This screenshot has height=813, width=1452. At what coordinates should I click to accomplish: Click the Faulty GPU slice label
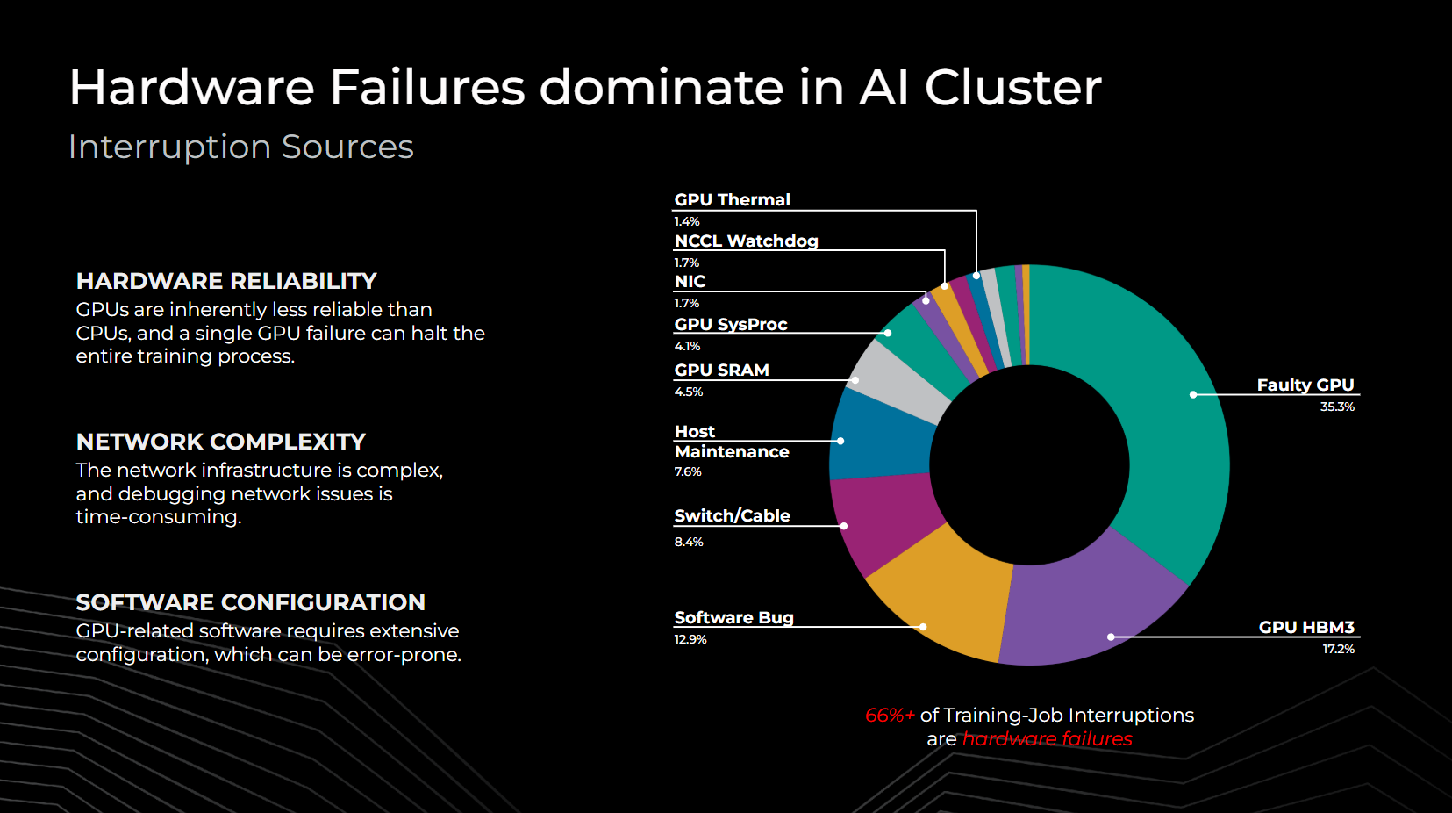tap(1305, 385)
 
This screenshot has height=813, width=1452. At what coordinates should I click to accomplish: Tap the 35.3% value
tap(1337, 406)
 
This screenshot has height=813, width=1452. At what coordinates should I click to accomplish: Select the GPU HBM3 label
tap(1306, 627)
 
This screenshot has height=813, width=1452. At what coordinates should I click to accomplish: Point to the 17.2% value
tap(1338, 649)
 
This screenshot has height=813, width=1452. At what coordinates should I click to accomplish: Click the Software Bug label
tap(733, 617)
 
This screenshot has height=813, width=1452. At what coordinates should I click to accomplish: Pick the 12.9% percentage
tap(690, 639)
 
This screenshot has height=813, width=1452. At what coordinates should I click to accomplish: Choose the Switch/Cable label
tap(732, 515)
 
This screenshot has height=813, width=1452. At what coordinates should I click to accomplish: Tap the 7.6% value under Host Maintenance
tap(688, 471)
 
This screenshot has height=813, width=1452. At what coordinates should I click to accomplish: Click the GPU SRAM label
tap(721, 370)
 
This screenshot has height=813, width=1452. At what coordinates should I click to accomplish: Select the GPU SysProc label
tap(731, 324)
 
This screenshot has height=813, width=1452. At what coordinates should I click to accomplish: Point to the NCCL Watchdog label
tap(746, 241)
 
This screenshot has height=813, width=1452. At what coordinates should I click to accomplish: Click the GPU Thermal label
tap(732, 199)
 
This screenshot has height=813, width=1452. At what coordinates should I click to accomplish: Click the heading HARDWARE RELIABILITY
tap(226, 281)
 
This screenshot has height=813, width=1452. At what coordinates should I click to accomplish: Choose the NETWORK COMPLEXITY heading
tap(220, 442)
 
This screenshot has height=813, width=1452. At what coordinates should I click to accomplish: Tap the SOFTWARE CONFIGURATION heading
tap(250, 602)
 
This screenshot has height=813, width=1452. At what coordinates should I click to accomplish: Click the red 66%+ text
tap(890, 716)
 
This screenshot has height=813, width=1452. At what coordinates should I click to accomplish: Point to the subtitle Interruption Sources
tap(240, 147)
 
